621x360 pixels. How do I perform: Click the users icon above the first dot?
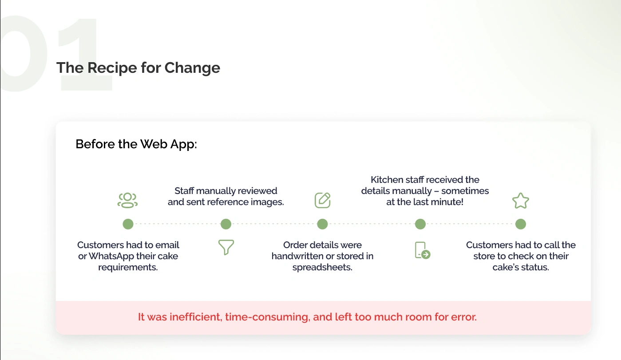point(127,200)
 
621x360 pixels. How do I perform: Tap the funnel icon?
point(226,247)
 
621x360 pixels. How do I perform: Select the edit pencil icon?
point(322,200)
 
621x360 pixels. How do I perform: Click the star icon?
point(521,201)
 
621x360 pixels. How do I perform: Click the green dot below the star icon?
point(521,224)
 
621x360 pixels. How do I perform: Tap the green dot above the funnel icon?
point(226,224)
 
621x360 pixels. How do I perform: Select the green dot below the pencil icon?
point(322,224)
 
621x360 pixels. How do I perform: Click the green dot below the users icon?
point(128,224)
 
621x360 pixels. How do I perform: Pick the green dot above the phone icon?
point(420,224)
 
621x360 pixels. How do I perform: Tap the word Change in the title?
point(192,68)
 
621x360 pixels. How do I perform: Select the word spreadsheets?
point(322,267)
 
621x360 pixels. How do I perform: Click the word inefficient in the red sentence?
point(196,317)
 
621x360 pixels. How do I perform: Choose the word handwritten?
point(298,256)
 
